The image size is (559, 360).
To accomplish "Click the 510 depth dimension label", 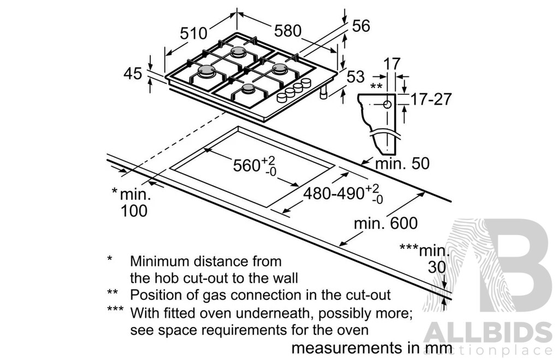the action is click(x=193, y=33).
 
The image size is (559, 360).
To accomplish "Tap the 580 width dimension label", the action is click(x=288, y=31).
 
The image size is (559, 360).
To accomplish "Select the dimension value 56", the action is click(x=361, y=26).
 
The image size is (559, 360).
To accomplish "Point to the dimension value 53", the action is click(x=355, y=76).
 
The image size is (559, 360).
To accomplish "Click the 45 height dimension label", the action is click(x=133, y=74).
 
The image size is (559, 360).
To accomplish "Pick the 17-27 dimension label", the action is click(x=431, y=99).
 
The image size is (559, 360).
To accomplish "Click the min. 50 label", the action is click(x=402, y=164).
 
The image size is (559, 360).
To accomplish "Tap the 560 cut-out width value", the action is click(x=247, y=166).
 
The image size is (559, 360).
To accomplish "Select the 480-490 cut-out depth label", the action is click(x=334, y=194).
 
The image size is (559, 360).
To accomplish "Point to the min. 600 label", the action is click(x=385, y=224).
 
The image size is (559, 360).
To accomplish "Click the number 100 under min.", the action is click(x=134, y=211).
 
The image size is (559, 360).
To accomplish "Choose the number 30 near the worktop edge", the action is click(x=437, y=267).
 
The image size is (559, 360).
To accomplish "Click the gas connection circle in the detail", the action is click(x=387, y=105).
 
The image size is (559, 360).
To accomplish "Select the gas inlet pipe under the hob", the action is click(x=323, y=93).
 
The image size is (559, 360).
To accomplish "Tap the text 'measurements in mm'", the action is click(x=372, y=348).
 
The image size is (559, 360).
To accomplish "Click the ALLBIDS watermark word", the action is click(x=487, y=333).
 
